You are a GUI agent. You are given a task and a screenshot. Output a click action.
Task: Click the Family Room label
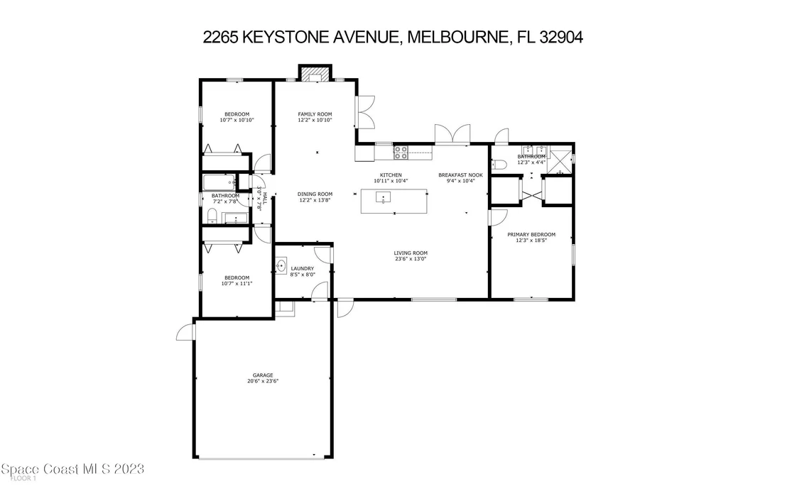pyautogui.click(x=315, y=114)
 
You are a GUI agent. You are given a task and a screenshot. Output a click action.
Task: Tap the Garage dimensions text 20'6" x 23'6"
pyautogui.click(x=263, y=381)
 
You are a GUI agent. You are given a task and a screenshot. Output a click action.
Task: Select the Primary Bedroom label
pyautogui.click(x=531, y=235)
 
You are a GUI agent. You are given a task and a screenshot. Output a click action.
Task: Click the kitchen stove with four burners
pyautogui.click(x=401, y=153)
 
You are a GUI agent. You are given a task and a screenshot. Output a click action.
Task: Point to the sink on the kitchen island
pyautogui.click(x=383, y=197)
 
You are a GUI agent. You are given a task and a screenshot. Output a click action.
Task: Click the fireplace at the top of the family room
pyautogui.click(x=315, y=73)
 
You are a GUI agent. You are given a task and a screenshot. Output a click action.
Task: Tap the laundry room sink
pyautogui.click(x=281, y=266)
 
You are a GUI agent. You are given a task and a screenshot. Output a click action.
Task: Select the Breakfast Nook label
pyautogui.click(x=460, y=175)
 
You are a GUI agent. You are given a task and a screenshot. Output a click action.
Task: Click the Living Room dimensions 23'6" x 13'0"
pyautogui.click(x=410, y=259)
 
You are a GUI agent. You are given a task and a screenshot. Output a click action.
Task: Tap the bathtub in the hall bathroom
pyautogui.click(x=219, y=182)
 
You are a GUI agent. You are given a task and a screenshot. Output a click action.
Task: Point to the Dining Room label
pyautogui.click(x=315, y=194)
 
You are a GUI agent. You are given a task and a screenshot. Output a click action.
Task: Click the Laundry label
pyautogui.click(x=302, y=269)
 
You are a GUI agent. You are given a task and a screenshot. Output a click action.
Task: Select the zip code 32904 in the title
pyautogui.click(x=561, y=37)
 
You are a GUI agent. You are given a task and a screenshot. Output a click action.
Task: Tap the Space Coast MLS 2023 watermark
pyautogui.click(x=72, y=470)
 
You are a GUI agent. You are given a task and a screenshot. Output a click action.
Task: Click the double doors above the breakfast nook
pyautogui.click(x=452, y=134)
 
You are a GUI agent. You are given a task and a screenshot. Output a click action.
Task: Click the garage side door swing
pyautogui.click(x=185, y=331)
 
